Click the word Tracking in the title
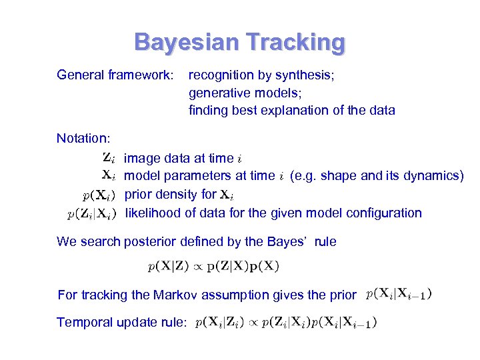pyautogui.click(x=295, y=43)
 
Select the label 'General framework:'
pyautogui.click(x=115, y=75)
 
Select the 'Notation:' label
pyautogui.click(x=83, y=139)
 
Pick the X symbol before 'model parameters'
pyautogui.click(x=110, y=176)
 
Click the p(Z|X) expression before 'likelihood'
pyautogui.click(x=93, y=214)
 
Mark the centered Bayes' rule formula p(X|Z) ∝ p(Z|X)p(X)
pyautogui.click(x=213, y=267)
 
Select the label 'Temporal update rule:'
pyautogui.click(x=122, y=323)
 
